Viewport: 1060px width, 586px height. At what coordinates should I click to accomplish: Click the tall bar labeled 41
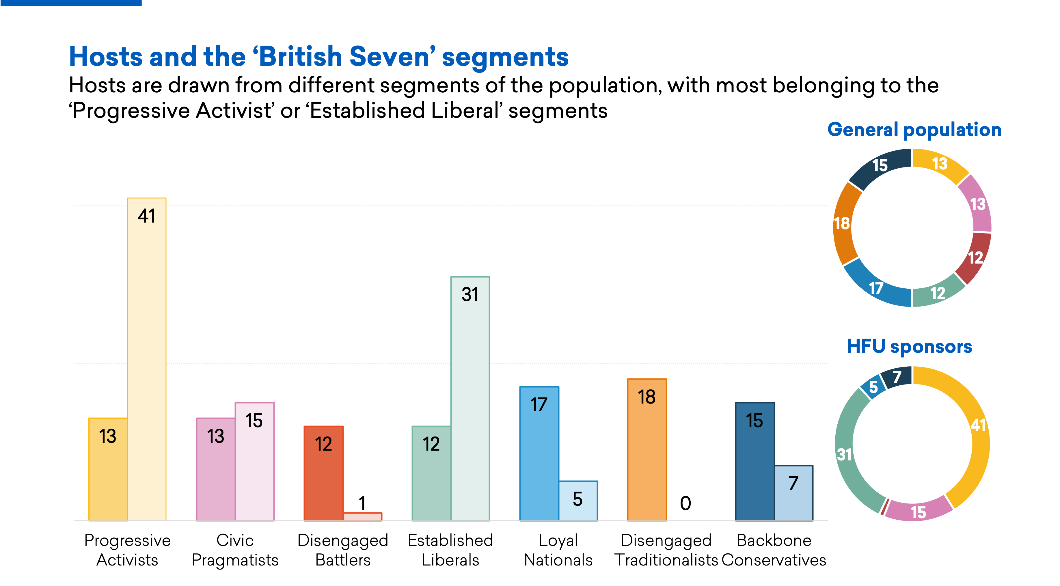[x=146, y=358]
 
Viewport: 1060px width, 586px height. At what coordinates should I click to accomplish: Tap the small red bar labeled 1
[x=362, y=516]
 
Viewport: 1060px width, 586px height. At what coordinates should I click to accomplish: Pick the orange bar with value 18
[x=647, y=449]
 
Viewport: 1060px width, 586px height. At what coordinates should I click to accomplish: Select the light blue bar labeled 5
[x=578, y=500]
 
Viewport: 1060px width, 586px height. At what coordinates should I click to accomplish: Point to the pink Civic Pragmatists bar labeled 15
[x=254, y=461]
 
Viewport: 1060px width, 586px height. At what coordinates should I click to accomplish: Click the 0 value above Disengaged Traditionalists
[x=685, y=503]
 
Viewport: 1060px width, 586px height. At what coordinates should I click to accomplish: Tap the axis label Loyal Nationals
[x=558, y=550]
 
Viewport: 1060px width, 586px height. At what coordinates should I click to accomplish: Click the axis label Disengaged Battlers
[x=342, y=550]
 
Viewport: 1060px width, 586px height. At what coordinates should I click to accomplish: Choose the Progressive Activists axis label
[x=127, y=550]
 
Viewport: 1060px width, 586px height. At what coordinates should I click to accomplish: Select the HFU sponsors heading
[x=909, y=346]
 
